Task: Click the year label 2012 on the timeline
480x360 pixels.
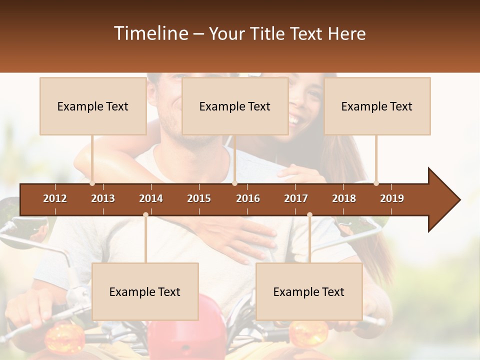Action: [x=55, y=198]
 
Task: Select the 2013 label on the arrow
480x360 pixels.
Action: [x=103, y=198]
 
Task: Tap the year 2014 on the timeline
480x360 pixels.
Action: [x=151, y=198]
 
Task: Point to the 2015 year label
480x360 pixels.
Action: [x=199, y=198]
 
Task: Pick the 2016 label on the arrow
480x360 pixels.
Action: [x=248, y=198]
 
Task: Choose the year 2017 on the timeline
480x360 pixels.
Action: [x=296, y=198]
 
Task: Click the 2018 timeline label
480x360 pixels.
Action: [x=344, y=198]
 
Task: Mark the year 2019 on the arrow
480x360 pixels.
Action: [x=392, y=198]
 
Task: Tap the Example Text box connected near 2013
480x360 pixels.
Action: [x=93, y=106]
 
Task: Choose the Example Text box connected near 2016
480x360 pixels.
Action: [x=235, y=106]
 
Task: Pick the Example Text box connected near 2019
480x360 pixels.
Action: [x=377, y=106]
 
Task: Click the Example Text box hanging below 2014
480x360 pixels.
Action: [x=145, y=291]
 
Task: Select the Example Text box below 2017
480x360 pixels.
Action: [x=309, y=291]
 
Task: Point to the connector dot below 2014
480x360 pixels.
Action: [x=145, y=214]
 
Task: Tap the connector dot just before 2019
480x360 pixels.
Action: [x=376, y=183]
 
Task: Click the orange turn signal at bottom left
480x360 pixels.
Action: [x=64, y=337]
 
